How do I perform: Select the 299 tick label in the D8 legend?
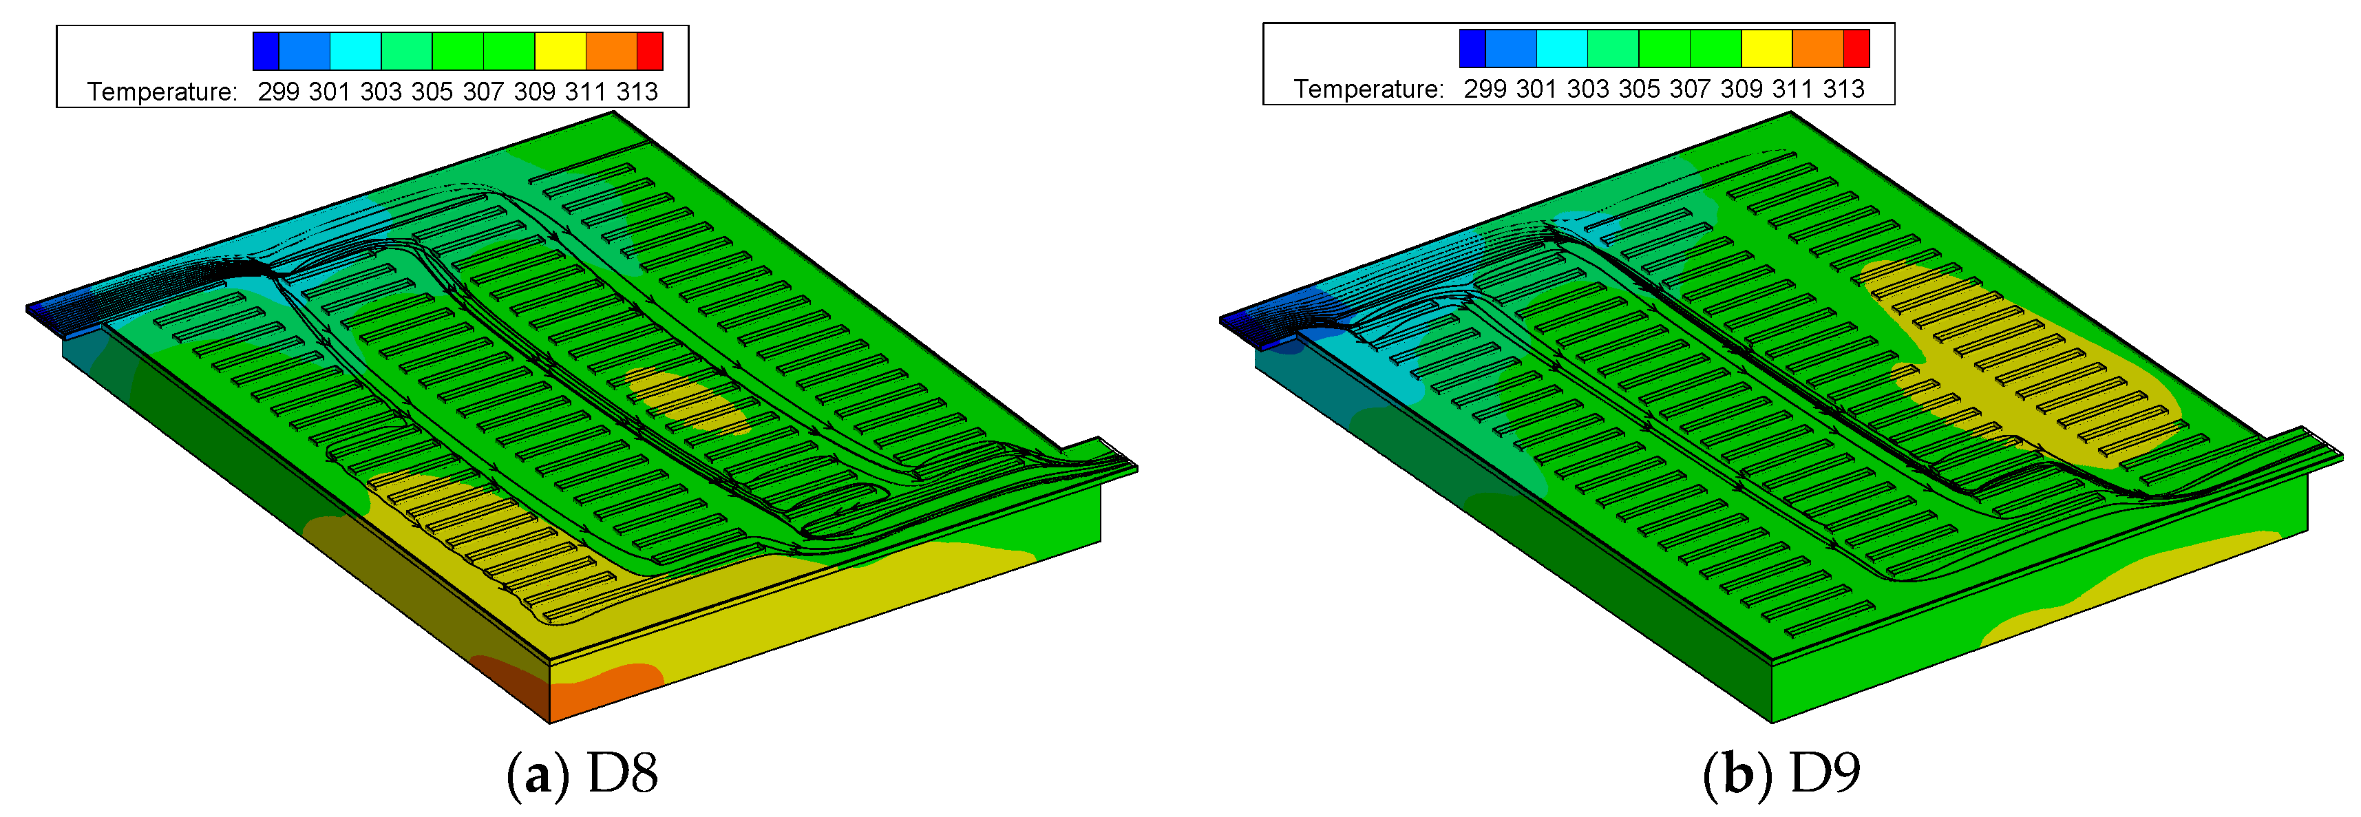point(279,92)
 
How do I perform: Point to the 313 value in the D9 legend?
point(1843,89)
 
